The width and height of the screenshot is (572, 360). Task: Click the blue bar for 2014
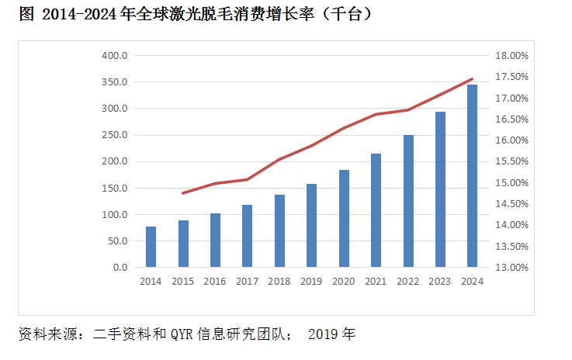pyautogui.click(x=151, y=247)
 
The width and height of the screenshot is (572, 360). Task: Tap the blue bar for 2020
pyautogui.click(x=344, y=218)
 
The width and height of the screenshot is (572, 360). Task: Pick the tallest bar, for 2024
pyautogui.click(x=472, y=176)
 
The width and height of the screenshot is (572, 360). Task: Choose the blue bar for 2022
pyautogui.click(x=408, y=201)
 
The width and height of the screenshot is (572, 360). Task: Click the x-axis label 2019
pyautogui.click(x=311, y=282)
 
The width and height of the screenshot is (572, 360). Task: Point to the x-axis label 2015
pyautogui.click(x=182, y=282)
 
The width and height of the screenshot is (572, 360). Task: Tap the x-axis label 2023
pyautogui.click(x=439, y=282)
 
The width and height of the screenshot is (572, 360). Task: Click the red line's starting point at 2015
pyautogui.click(x=182, y=193)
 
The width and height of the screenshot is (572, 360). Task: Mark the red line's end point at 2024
pyautogui.click(x=472, y=78)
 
